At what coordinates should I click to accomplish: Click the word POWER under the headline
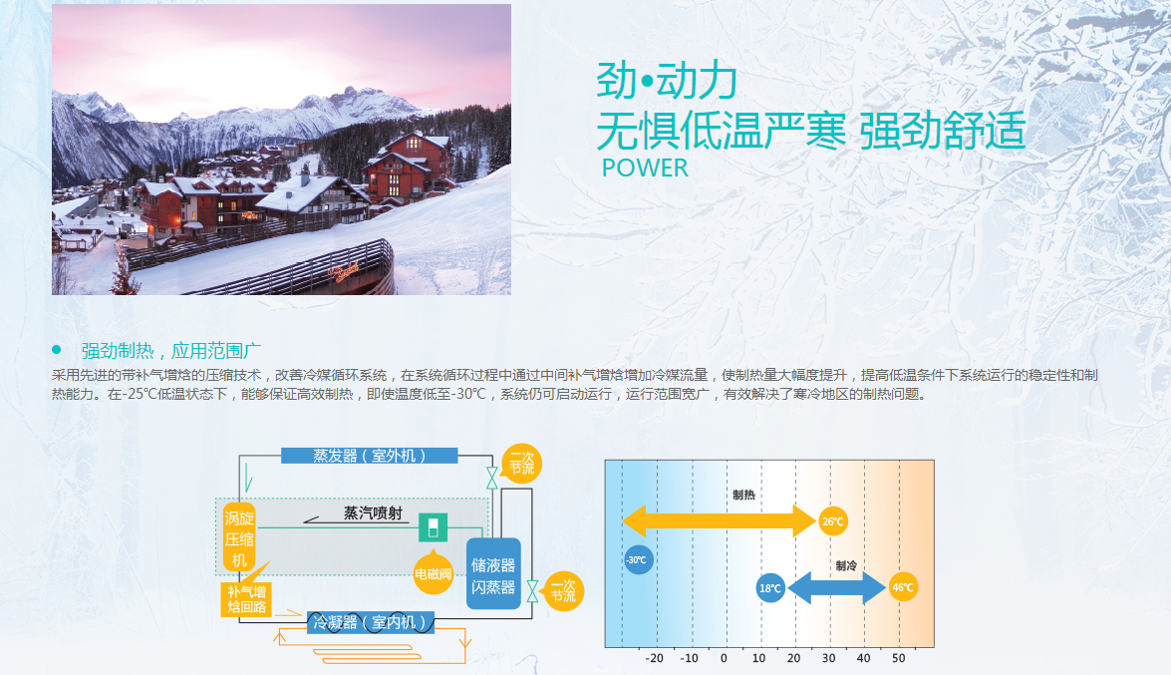coord(645,169)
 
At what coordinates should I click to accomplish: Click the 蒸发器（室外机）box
coord(369,456)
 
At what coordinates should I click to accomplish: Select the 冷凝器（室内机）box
coord(371,622)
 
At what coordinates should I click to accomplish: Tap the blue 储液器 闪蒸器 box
coord(493,573)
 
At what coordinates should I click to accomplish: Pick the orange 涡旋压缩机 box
coord(239,538)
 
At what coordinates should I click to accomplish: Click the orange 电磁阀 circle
coord(434,574)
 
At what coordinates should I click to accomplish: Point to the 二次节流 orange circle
coord(522,464)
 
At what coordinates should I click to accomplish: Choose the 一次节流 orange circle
coord(564,591)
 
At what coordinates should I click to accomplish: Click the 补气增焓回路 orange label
coord(246,599)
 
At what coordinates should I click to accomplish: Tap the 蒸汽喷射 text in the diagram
coord(373,512)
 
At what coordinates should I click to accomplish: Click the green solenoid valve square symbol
coord(433,527)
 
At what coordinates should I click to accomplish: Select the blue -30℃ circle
coord(638,560)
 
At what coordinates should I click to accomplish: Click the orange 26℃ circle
coord(832,521)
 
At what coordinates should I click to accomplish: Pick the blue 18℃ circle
coord(770,588)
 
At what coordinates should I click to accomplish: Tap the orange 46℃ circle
coord(903,587)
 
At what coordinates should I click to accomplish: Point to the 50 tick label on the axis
coord(898,659)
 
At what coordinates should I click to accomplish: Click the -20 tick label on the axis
coord(654,659)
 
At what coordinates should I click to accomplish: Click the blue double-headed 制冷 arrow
coord(836,587)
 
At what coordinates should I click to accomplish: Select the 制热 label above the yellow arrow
coord(743,495)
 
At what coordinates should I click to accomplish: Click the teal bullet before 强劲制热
coord(56,350)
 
